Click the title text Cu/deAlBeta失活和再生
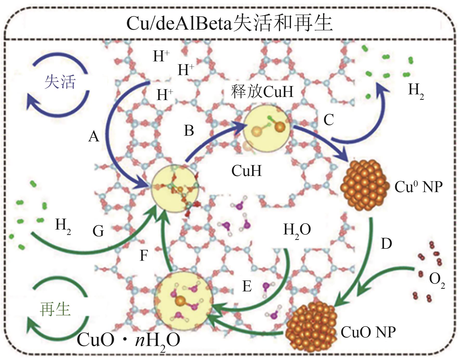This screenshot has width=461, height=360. (x=229, y=23)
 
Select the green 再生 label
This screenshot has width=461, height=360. (x=55, y=309)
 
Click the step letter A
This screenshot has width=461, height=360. (x=94, y=136)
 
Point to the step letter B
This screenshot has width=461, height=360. (x=189, y=130)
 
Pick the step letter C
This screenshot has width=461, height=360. (x=329, y=120)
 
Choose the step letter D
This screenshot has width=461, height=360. (x=386, y=244)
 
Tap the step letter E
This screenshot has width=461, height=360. (x=247, y=286)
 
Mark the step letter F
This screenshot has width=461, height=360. (x=144, y=256)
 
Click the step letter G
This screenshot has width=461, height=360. (x=98, y=231)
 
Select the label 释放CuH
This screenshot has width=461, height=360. (x=262, y=91)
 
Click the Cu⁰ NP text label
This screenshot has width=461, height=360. (x=418, y=187)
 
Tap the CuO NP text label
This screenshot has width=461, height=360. (x=368, y=332)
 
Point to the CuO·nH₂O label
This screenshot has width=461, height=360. (x=129, y=341)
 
